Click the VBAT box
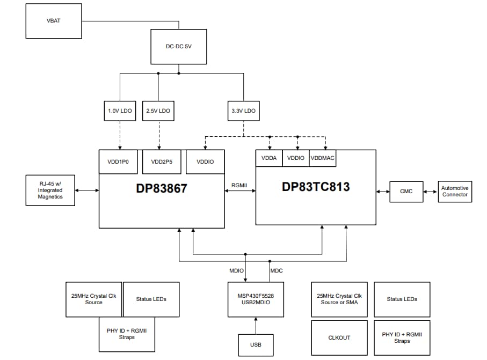[54, 20]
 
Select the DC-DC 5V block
[178, 47]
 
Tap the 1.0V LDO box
[120, 111]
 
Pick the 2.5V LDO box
[158, 111]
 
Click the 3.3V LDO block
[243, 111]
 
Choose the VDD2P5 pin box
[158, 161]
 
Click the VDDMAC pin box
[323, 158]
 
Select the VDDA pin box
[269, 158]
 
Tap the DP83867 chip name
[161, 188]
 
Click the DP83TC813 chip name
[316, 187]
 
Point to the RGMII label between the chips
[239, 184]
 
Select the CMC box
[406, 192]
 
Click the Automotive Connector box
[455, 192]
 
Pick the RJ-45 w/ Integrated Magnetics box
[50, 190]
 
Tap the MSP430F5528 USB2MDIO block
[256, 299]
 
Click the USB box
[256, 344]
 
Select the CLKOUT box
[339, 337]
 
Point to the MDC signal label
[277, 271]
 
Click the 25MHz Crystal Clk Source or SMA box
[339, 299]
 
